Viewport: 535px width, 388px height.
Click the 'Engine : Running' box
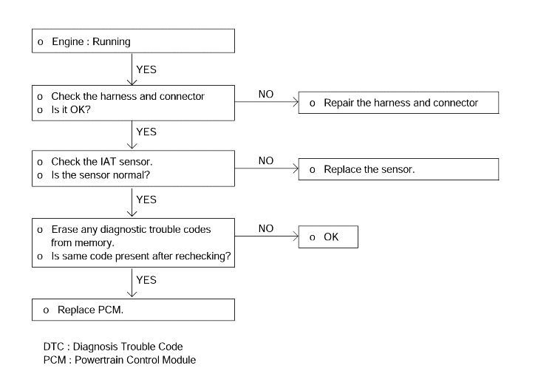[134, 41]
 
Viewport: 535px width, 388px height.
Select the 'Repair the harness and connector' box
[398, 103]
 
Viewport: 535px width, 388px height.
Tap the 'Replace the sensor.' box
[398, 169]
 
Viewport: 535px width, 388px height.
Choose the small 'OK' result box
[328, 236]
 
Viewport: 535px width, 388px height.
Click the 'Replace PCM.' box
[134, 310]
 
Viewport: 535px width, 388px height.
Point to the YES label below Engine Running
[146, 69]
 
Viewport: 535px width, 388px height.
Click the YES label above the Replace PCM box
[146, 280]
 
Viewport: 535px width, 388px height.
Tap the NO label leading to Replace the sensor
[266, 160]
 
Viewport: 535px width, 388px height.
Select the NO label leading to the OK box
[266, 228]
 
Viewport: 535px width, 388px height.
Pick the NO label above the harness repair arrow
[266, 94]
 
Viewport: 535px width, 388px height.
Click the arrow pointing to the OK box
[267, 236]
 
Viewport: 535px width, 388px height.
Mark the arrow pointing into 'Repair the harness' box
[267, 102]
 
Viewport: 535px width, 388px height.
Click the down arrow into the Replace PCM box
[132, 282]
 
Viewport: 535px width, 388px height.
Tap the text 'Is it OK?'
[71, 110]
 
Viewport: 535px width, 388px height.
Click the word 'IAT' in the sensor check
[108, 161]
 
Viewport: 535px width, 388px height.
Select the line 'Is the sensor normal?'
[100, 175]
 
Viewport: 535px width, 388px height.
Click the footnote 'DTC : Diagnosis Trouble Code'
[113, 347]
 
